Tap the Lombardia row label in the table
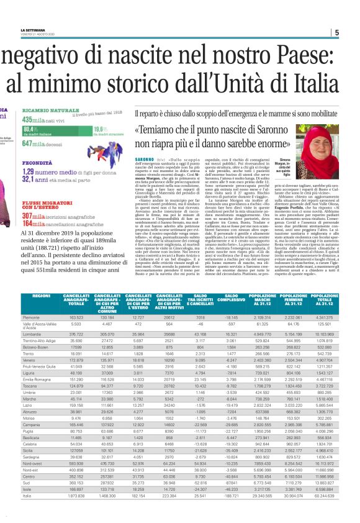33,334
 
